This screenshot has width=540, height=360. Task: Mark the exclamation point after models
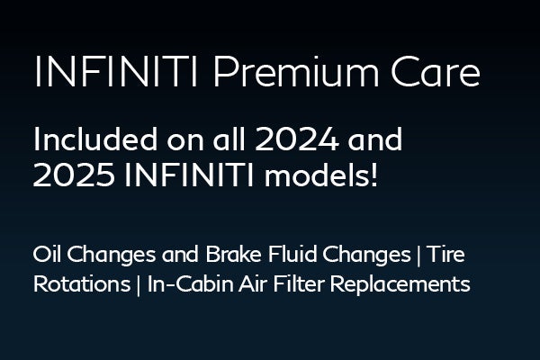(373, 175)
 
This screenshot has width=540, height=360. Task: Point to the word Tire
(447, 255)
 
